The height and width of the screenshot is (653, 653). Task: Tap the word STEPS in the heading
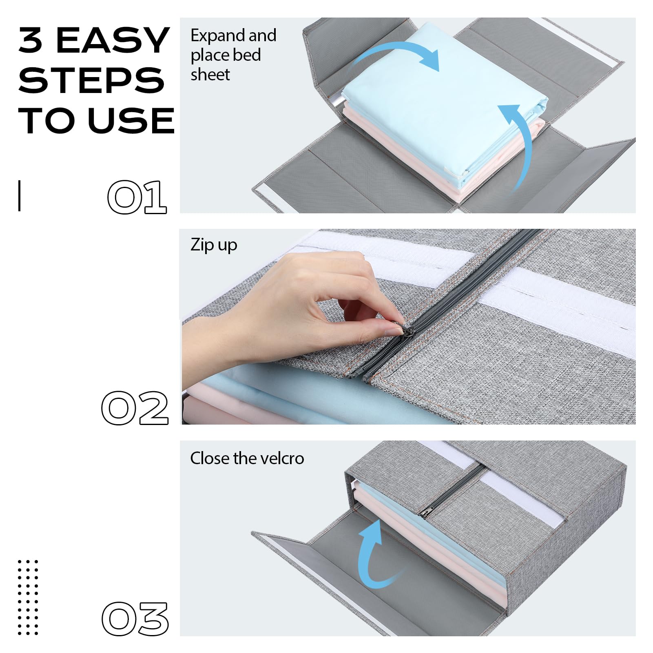[x=91, y=80]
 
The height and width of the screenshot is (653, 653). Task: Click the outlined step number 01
[x=137, y=197]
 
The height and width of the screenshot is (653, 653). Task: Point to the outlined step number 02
[x=135, y=408]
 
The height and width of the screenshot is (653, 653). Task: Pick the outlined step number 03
[x=135, y=619]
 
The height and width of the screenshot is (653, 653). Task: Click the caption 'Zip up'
[x=214, y=246]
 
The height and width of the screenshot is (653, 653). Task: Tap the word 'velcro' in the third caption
[x=282, y=458]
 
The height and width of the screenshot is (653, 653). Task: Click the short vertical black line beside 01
[x=19, y=196]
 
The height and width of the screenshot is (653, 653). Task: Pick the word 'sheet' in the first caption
[x=210, y=75]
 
